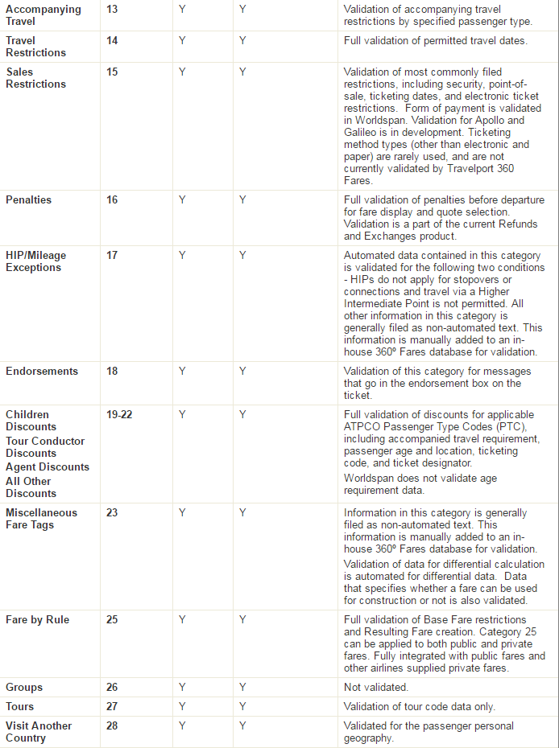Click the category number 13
(x=112, y=10)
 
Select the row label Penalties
(x=28, y=200)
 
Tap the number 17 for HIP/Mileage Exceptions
(x=112, y=256)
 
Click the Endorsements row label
(x=42, y=372)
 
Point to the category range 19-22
(x=119, y=415)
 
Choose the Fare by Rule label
(x=37, y=620)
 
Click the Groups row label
(x=24, y=688)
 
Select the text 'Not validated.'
(x=376, y=688)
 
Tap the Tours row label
(x=20, y=707)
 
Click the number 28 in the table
(x=112, y=726)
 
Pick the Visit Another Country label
(x=39, y=732)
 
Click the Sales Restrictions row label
(x=35, y=77)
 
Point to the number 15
(x=112, y=72)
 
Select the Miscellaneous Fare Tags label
(x=42, y=519)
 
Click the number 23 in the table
(x=112, y=513)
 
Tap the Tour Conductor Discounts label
(x=45, y=447)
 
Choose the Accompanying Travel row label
(x=43, y=15)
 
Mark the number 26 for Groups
(x=112, y=688)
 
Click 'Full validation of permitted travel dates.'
(x=436, y=40)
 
